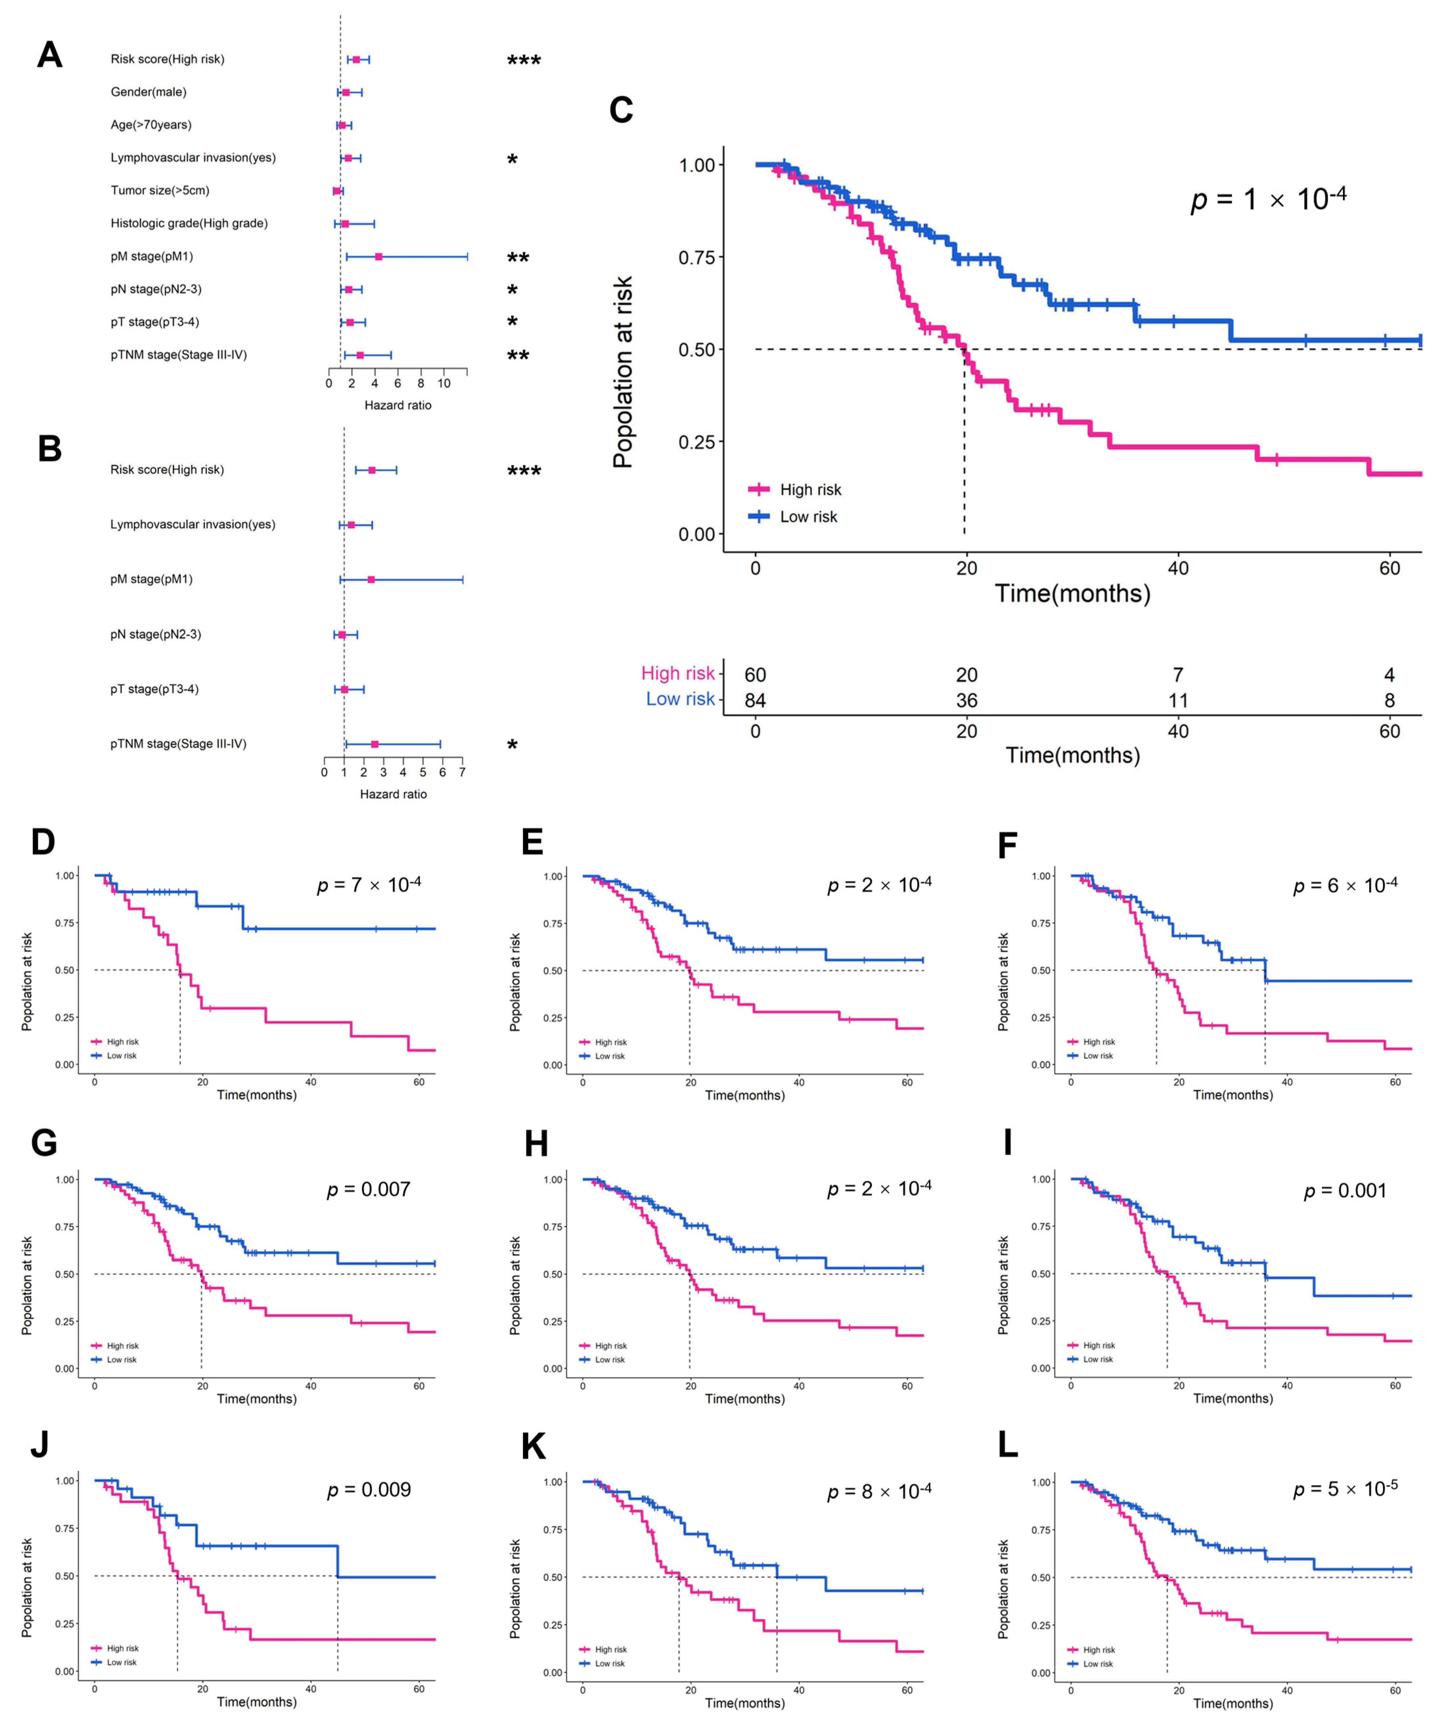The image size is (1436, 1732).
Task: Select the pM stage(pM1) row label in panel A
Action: [x=152, y=257]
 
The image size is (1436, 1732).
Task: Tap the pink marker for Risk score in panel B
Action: [x=372, y=470]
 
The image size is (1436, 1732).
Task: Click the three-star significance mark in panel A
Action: [x=524, y=61]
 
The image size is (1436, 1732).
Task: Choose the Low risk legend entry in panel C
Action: [x=793, y=517]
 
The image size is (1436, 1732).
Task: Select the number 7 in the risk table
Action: [x=1178, y=675]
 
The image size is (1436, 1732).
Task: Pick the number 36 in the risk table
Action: [x=967, y=700]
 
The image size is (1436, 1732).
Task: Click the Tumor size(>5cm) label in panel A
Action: [x=160, y=191]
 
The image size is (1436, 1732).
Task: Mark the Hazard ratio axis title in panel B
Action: [x=394, y=794]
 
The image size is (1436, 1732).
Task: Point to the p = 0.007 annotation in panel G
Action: [x=369, y=1189]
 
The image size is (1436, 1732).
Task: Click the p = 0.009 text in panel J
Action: [x=369, y=1490]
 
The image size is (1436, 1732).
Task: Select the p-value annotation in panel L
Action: [x=1344, y=1490]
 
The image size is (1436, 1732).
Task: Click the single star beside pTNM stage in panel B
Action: [x=512, y=746]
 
